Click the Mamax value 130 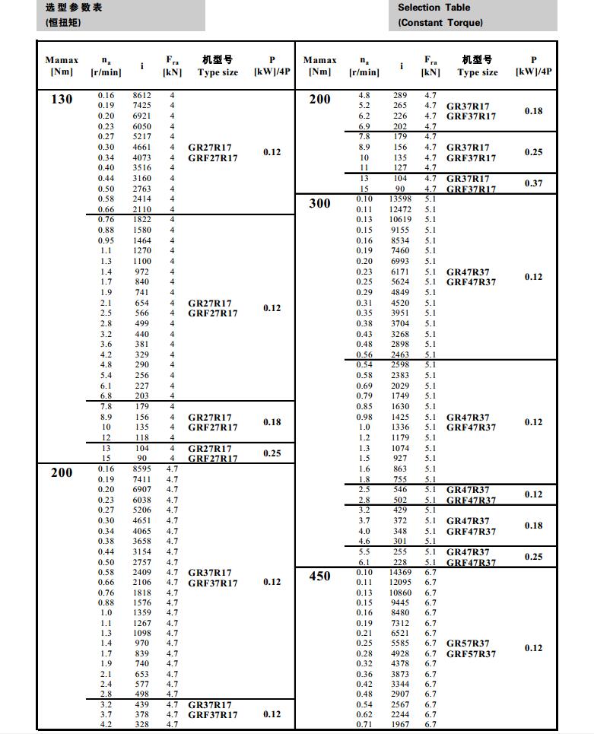point(61,100)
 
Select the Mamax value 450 point(320,576)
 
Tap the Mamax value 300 point(319,203)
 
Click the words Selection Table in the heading point(434,8)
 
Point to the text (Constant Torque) point(440,23)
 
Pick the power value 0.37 point(533,183)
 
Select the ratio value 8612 point(142,95)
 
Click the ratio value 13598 point(400,199)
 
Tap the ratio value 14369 point(400,572)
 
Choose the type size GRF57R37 point(471,654)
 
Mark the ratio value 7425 point(142,105)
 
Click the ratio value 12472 point(400,209)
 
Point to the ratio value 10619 point(400,220)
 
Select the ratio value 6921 point(142,116)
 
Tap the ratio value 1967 point(400,724)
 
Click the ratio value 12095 point(400,582)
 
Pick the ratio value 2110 point(142,209)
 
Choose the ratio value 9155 point(400,230)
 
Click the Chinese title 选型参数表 point(74,8)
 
